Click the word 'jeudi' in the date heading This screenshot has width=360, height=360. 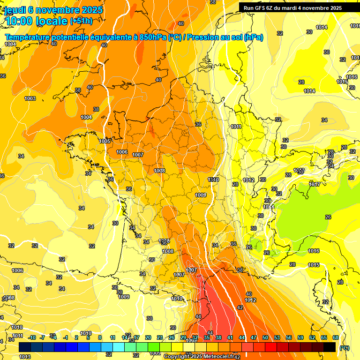click(15, 10)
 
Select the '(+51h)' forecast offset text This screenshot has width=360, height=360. click(81, 21)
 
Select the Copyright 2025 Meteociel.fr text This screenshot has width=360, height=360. click(199, 357)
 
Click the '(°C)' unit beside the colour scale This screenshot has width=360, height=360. click(345, 347)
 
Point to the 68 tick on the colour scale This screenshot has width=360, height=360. click(336, 337)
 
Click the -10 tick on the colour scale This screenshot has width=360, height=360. click(32, 337)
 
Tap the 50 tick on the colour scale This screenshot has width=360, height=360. click(265, 337)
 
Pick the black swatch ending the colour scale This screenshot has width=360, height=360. click(330, 347)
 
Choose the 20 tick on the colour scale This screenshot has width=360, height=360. click(148, 337)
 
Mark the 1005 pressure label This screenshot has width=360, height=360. click(105, 141)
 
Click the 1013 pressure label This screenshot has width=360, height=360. click(25, 357)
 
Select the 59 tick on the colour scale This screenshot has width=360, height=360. click(300, 337)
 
